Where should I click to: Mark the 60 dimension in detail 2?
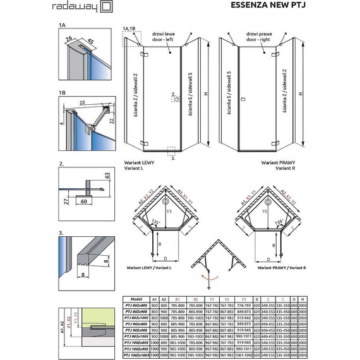tap(84, 203)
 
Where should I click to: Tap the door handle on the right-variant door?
tap(243, 99)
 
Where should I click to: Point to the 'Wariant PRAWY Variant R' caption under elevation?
tap(278, 165)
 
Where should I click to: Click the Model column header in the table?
tap(135, 299)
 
